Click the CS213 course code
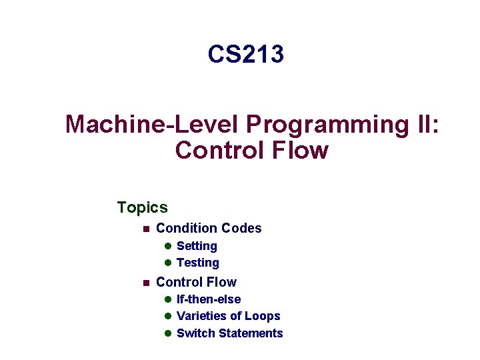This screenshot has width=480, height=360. (x=245, y=54)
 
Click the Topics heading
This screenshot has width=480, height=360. (x=142, y=207)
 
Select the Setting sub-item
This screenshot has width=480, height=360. (x=197, y=246)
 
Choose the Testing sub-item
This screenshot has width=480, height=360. (x=197, y=263)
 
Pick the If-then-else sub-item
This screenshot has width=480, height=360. (x=209, y=299)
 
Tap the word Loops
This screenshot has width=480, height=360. (x=263, y=316)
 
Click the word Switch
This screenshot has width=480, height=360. (x=195, y=333)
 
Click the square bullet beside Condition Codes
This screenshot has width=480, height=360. (x=143, y=229)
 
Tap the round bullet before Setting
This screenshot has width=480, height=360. (x=169, y=247)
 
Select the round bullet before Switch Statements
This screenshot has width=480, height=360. (x=169, y=333)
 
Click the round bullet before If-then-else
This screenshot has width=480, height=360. (x=169, y=299)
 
